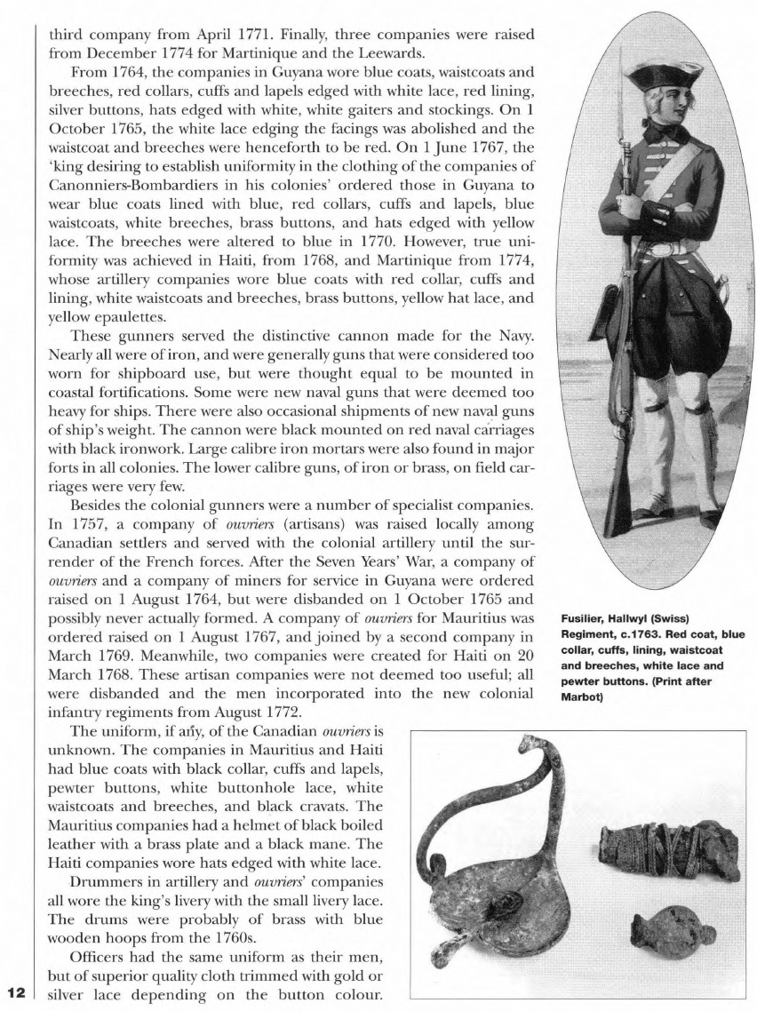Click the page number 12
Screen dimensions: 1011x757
(x=17, y=991)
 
